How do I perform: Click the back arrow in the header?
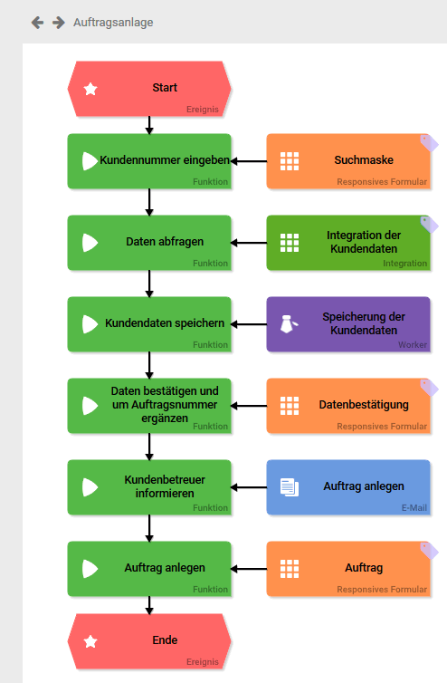[x=37, y=23]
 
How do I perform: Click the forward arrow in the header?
[x=58, y=23]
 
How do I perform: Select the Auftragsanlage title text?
[x=113, y=23]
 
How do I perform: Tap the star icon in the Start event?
[x=90, y=89]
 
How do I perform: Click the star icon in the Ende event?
[x=90, y=641]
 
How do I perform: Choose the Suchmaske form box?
[x=348, y=161]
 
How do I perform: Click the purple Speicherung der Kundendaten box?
[x=348, y=324]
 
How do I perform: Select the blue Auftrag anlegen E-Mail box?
[x=348, y=487]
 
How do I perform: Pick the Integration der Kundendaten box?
[x=348, y=243]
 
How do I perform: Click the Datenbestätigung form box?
[x=348, y=406]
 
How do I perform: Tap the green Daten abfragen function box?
[x=149, y=243]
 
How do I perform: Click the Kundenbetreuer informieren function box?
[x=149, y=487]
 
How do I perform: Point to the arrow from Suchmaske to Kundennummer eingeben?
[x=249, y=161]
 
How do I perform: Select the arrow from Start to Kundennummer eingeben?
[x=149, y=125]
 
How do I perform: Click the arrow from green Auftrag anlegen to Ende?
[x=149, y=605]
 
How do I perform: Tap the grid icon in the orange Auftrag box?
[x=290, y=569]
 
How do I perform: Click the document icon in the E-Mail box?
[x=290, y=487]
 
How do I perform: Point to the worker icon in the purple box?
[x=289, y=324]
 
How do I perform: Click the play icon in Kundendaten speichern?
[x=90, y=324]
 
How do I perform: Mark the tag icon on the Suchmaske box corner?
[x=429, y=143]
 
